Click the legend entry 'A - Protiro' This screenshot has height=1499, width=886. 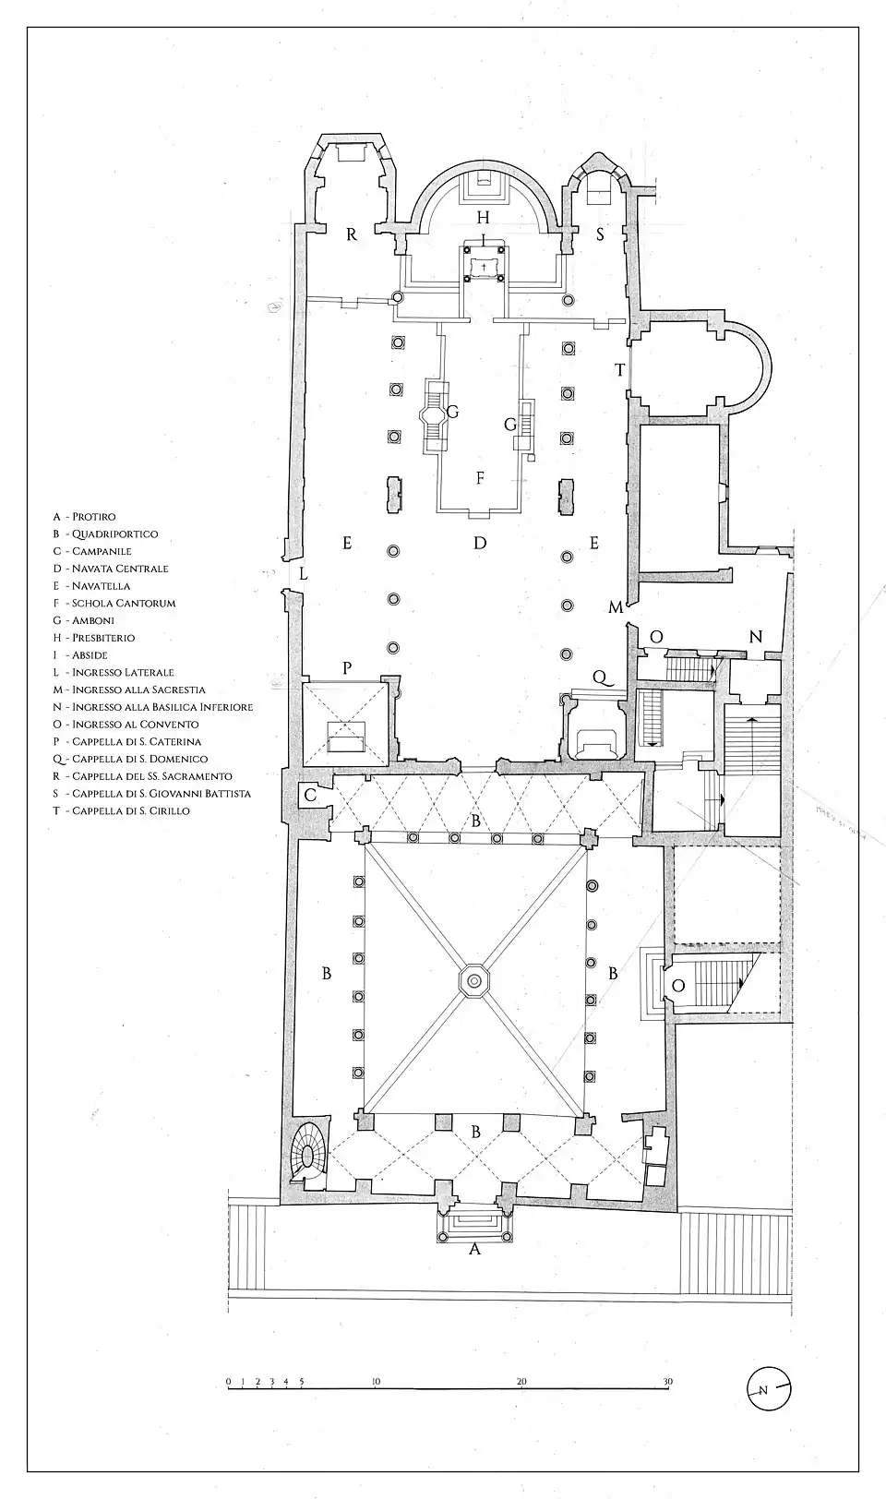(85, 517)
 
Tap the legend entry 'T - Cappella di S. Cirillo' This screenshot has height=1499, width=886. (122, 811)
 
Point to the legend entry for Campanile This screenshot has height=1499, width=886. (92, 551)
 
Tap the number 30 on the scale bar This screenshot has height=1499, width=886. (667, 1382)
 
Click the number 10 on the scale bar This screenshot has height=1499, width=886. (376, 1382)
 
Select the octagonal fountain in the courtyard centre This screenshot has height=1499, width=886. (474, 980)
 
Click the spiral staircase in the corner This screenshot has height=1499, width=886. (308, 1151)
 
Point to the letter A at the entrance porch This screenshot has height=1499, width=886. (475, 1250)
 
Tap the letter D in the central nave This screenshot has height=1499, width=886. (480, 543)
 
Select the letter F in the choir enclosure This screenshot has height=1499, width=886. (480, 478)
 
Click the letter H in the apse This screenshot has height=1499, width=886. (482, 218)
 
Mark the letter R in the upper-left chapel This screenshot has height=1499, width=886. (351, 234)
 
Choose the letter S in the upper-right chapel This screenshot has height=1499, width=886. (601, 234)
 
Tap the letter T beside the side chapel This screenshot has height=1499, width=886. (620, 370)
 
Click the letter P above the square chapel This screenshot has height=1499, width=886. (348, 668)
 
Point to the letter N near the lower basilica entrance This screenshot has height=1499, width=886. (756, 637)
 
